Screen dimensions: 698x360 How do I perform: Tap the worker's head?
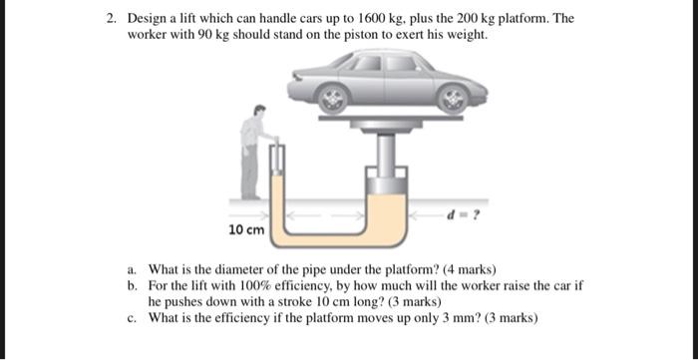(259, 111)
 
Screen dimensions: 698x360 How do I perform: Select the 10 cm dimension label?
(246, 230)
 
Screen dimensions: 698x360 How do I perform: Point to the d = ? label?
(463, 215)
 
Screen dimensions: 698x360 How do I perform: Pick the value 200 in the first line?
(466, 19)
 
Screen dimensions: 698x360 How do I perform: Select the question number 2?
(111, 19)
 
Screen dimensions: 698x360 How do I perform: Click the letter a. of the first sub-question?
(132, 269)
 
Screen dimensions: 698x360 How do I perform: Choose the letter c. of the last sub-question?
(132, 318)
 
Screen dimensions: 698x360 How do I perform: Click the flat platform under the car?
(391, 118)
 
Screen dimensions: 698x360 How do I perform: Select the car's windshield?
(342, 61)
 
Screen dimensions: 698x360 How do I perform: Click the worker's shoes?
(251, 196)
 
